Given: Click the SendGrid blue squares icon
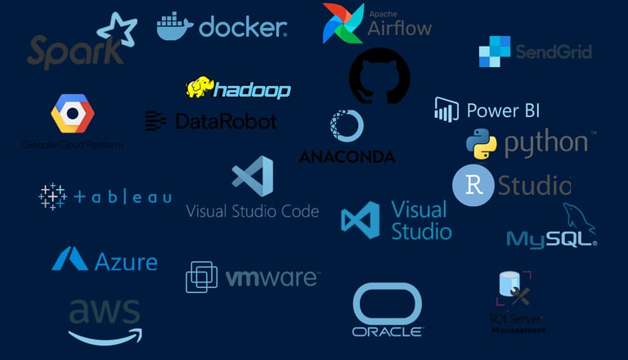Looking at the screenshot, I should click(x=495, y=52).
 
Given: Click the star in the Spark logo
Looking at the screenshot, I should click(x=116, y=31).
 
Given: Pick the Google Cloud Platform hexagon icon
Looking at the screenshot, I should click(x=73, y=113).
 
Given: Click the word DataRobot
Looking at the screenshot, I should click(x=226, y=122).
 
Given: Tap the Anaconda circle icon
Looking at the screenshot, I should click(x=347, y=127).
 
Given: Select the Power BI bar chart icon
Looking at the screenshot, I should click(x=446, y=110).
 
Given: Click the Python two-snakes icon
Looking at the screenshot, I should click(x=482, y=144).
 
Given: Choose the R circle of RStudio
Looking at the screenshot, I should click(x=473, y=185).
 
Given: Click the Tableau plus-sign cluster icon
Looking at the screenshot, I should click(x=52, y=196).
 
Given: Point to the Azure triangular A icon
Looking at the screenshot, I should click(x=70, y=260).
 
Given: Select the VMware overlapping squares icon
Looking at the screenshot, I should click(x=201, y=277).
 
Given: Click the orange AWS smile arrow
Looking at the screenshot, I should click(x=105, y=334).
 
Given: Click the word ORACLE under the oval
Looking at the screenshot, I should click(x=387, y=331).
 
